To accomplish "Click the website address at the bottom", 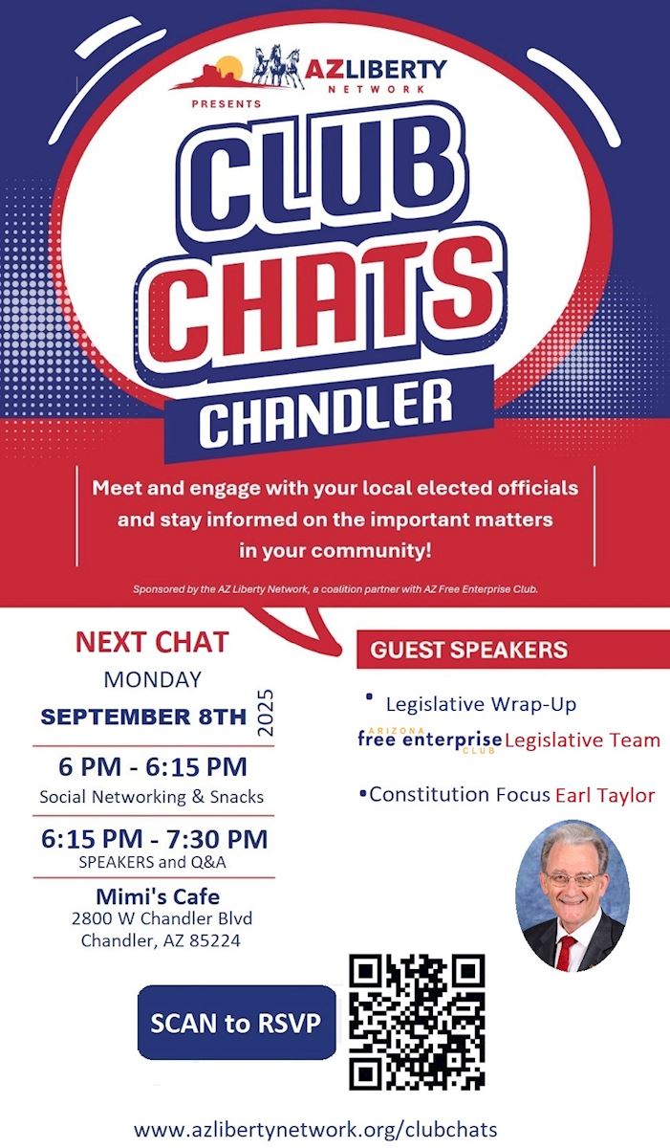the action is [315, 1129].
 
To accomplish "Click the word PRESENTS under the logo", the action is [227, 104].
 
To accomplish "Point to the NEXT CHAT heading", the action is [152, 642].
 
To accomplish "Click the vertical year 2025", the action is [266, 713].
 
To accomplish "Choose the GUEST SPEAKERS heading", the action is [469, 650].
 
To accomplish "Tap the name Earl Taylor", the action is [605, 795].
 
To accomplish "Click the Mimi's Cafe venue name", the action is [158, 896].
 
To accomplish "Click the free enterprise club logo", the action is [429, 740].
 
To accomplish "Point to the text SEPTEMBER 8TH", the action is [143, 717].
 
